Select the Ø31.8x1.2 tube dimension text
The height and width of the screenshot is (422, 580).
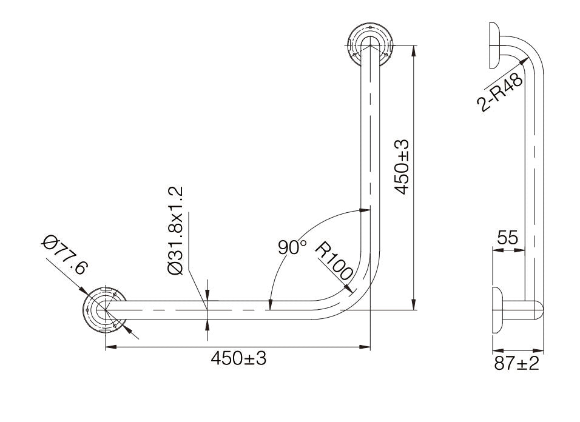[176, 232]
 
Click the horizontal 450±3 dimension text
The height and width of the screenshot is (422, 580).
[238, 358]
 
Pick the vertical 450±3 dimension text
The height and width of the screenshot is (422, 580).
[402, 167]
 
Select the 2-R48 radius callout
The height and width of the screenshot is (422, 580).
[501, 92]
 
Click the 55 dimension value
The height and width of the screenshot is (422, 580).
[507, 238]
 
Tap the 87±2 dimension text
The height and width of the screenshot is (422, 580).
[517, 364]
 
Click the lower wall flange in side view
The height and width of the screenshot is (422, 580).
[497, 310]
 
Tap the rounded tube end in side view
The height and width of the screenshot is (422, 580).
[538, 310]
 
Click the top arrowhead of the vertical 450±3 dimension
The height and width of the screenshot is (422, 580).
[413, 49]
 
